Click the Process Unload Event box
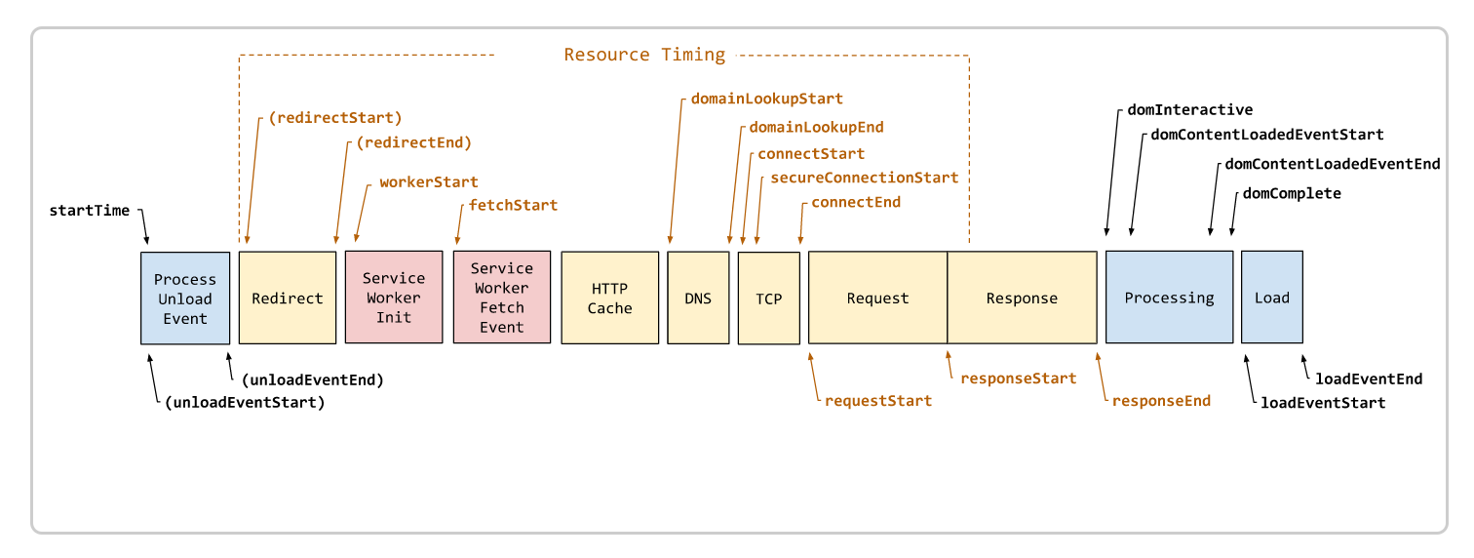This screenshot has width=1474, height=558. pos(185,299)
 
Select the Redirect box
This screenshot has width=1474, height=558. pos(288,299)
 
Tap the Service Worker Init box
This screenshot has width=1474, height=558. pos(394,298)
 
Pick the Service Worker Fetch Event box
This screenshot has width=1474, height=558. pos(502,298)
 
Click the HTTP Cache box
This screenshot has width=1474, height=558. pos(610,299)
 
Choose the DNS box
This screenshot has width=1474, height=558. pos(698,299)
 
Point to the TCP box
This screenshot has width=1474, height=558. pos(769,299)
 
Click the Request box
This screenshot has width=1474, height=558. pos(877,299)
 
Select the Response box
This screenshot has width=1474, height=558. pos(1022,299)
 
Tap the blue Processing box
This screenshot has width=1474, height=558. pos(1169,299)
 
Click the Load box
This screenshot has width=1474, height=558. pos(1272,299)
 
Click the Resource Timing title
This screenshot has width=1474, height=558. pos(644,55)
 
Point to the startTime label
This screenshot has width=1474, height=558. pos(89,211)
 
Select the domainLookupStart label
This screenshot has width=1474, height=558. pos(766,99)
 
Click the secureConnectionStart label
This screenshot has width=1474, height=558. pos(864,179)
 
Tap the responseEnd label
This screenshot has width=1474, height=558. pos(1161,401)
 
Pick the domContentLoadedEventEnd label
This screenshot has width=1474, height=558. pos(1332,164)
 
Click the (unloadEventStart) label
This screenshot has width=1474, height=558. pos(245,402)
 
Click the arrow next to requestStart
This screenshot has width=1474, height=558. pos(813,376)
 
